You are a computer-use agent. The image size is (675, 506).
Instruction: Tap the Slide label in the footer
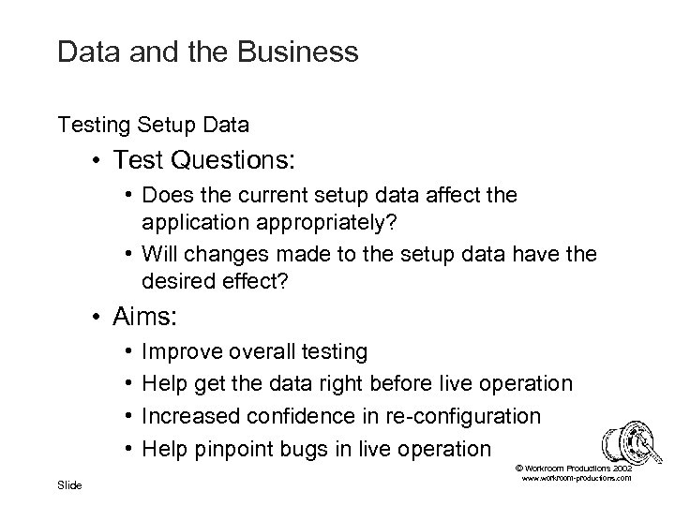[x=69, y=484]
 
